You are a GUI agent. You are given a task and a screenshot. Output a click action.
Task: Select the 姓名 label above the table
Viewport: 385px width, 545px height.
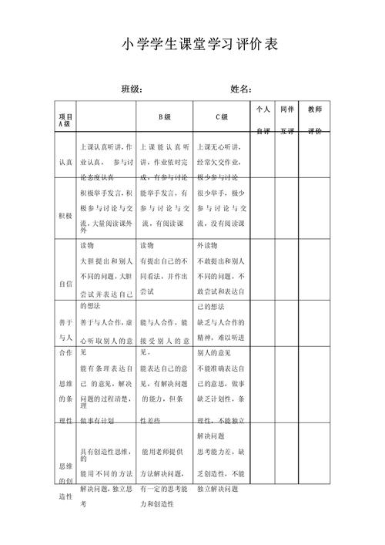[x=242, y=89]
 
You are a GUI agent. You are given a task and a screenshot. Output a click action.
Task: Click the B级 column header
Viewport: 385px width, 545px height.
[x=165, y=117]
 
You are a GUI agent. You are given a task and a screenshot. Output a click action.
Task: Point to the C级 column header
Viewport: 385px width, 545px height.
[x=221, y=117]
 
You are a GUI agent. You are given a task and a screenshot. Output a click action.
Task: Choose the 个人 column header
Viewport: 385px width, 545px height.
[x=263, y=109]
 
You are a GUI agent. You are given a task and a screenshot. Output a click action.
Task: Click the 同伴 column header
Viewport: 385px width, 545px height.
[x=287, y=109]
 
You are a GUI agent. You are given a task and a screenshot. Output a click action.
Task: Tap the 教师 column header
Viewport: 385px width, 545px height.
[x=315, y=109]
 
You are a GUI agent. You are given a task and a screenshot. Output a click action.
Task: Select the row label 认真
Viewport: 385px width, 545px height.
[x=65, y=162]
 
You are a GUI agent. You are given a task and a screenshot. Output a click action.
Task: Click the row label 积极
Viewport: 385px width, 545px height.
[x=65, y=215]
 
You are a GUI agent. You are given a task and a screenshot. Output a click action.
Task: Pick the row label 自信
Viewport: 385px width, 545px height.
[x=65, y=284]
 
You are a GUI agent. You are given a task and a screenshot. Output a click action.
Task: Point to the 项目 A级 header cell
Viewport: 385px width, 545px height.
[x=65, y=119]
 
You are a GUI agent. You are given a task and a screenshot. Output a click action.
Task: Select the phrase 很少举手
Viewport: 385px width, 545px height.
[x=213, y=193]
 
